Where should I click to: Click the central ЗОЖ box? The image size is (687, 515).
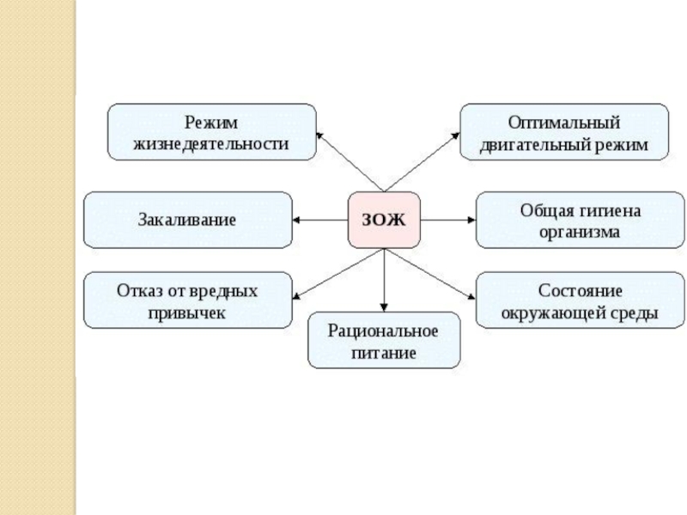pyautogui.click(x=383, y=220)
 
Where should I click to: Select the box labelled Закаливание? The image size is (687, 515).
pyautogui.click(x=187, y=220)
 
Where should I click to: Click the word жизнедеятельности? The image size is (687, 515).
pyautogui.click(x=211, y=143)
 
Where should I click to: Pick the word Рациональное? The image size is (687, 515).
pyautogui.click(x=384, y=330)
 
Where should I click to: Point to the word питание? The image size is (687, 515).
pyautogui.click(x=384, y=352)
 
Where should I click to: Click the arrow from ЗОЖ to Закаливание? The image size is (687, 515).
pyautogui.click(x=319, y=220)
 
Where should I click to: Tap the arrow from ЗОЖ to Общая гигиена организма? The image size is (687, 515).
pyautogui.click(x=447, y=220)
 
